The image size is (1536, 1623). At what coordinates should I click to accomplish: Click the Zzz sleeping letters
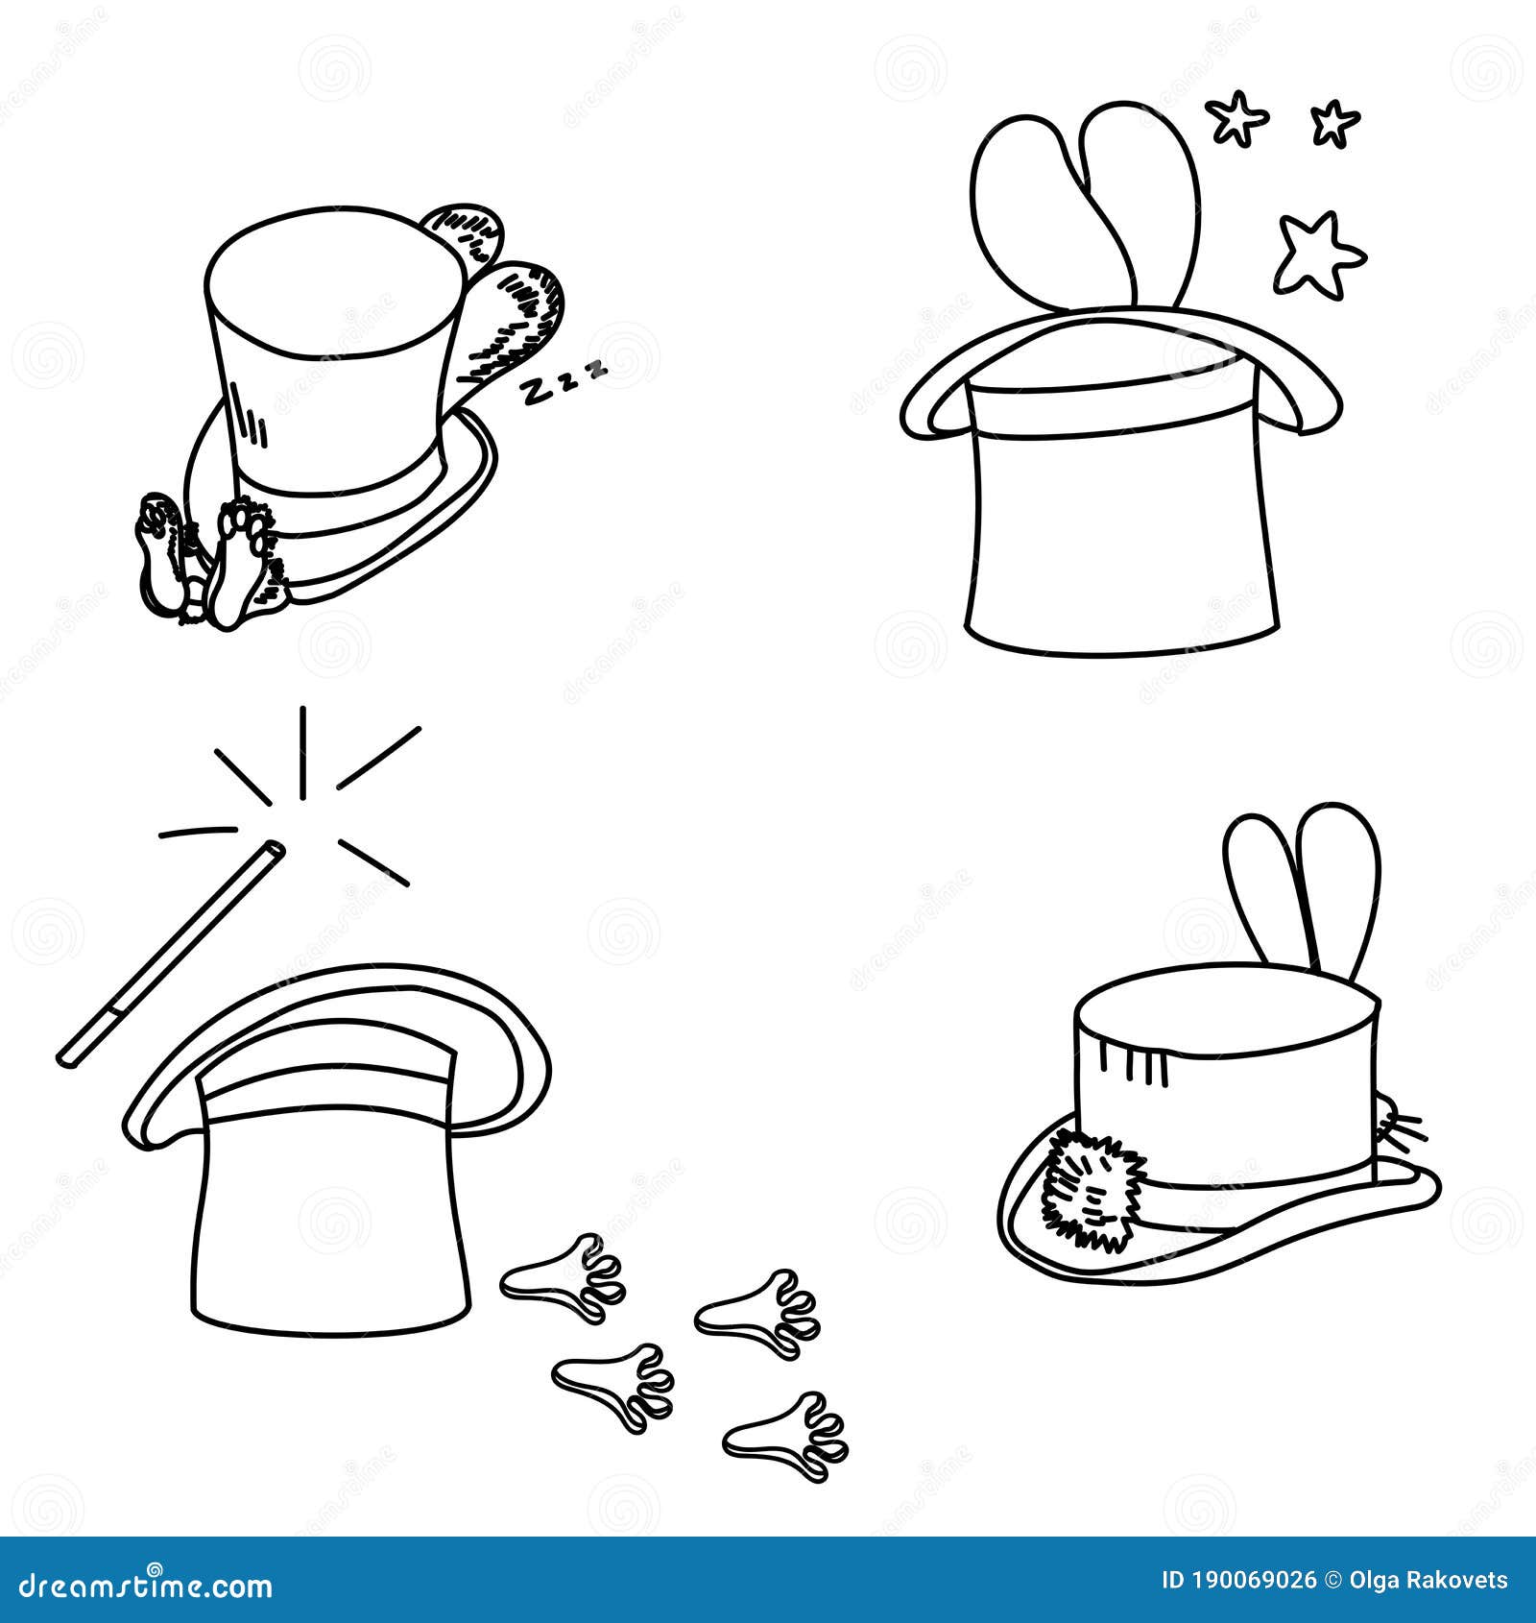564,379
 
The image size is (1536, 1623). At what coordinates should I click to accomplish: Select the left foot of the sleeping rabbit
160,555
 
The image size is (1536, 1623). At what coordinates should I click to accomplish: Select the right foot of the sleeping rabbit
245,562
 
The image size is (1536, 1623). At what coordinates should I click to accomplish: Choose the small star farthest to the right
1334,123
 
